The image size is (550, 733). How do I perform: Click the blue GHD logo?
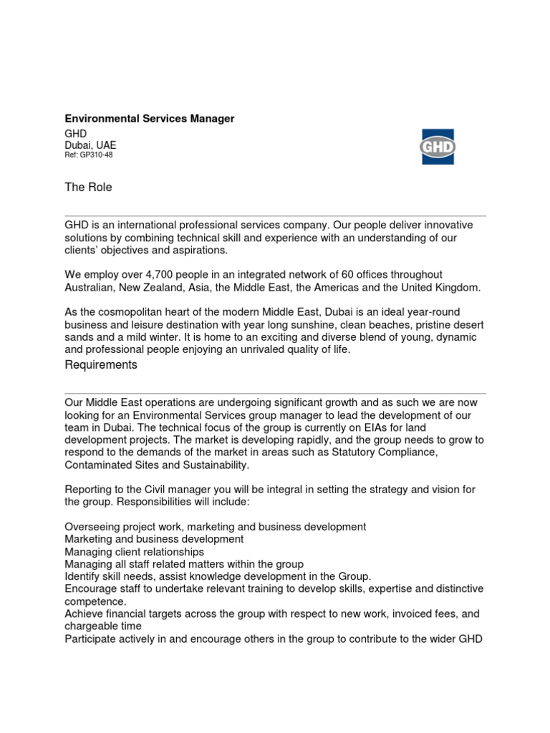(437, 147)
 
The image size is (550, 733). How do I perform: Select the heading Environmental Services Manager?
(150, 118)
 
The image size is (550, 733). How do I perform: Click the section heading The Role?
(89, 188)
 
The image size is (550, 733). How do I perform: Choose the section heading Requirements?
(101, 365)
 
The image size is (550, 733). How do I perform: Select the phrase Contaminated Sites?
(107, 465)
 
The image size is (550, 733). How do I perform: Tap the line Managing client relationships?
(134, 552)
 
